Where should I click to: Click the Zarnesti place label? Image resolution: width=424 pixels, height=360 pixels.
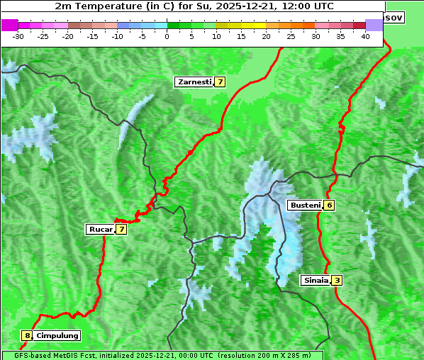(194, 82)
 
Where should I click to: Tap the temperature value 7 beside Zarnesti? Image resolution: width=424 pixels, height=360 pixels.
(221, 82)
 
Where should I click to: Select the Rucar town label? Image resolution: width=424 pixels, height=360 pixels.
(100, 229)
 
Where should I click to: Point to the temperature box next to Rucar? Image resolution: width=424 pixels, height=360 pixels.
(121, 229)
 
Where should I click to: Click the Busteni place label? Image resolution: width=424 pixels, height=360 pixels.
(304, 205)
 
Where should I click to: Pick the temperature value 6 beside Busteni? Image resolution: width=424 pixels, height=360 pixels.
(329, 205)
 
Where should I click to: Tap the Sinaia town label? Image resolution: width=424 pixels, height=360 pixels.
(316, 280)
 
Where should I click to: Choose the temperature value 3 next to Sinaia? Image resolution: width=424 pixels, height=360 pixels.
(337, 280)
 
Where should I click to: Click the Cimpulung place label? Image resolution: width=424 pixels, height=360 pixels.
(57, 336)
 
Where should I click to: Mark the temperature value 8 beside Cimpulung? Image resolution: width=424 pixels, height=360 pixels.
(27, 336)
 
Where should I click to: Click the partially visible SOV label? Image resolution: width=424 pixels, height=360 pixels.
(394, 17)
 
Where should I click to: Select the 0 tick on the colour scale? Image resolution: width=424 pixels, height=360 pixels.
(167, 35)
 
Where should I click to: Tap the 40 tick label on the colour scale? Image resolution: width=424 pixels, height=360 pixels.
(365, 35)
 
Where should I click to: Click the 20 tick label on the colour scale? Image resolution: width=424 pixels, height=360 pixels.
(266, 35)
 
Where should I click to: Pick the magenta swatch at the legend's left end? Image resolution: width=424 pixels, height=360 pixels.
(9, 25)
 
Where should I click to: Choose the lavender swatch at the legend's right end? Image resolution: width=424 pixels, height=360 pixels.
(374, 25)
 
